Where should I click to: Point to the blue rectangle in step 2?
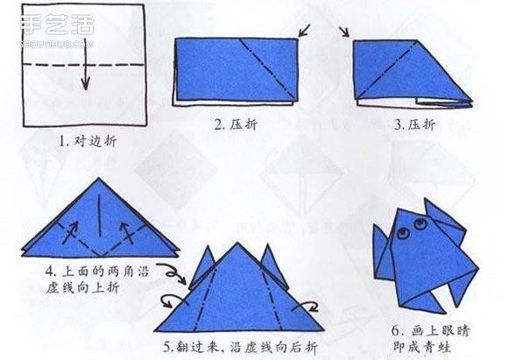point(236,70)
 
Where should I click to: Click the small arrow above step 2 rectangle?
point(305,32)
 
